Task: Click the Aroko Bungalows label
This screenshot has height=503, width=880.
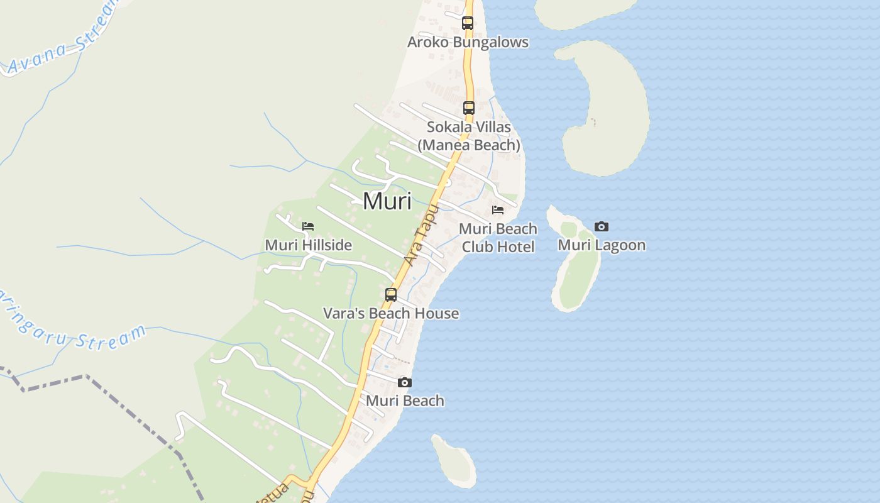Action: tap(468, 42)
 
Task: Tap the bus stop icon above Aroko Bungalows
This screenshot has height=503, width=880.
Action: tap(467, 23)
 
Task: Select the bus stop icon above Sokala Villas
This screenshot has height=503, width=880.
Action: tap(468, 108)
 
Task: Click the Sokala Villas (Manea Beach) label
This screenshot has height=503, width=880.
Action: tap(469, 136)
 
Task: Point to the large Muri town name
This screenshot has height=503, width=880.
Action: tap(387, 201)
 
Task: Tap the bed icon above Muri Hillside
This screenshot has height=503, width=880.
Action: tap(308, 226)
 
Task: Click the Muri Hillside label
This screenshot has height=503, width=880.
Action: tap(308, 245)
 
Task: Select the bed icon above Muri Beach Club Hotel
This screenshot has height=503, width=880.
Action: tap(498, 210)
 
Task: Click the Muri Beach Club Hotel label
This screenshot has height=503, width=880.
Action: tap(498, 237)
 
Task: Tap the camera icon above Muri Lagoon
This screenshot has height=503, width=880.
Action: tap(602, 226)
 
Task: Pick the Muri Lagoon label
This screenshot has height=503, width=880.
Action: tap(602, 245)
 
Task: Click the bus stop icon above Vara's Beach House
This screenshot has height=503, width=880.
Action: tap(391, 294)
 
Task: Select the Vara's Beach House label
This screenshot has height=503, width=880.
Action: tap(391, 313)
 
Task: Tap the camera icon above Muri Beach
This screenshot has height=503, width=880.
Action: tap(405, 382)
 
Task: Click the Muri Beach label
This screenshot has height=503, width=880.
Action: tap(405, 401)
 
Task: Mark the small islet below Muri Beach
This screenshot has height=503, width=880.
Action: tap(454, 460)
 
